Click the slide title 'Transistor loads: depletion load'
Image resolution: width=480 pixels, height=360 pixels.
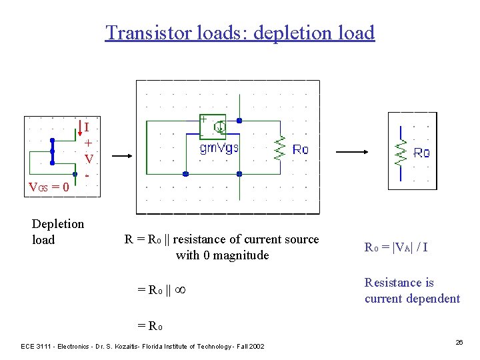pyautogui.click(x=240, y=33)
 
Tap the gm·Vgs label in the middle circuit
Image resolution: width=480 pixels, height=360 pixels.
pyautogui.click(x=219, y=149)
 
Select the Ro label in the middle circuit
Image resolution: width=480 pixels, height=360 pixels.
pyautogui.click(x=301, y=149)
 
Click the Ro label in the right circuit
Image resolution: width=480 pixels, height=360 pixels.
pyautogui.click(x=421, y=153)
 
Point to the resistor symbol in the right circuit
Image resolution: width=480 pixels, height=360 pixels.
pyautogui.click(x=401, y=153)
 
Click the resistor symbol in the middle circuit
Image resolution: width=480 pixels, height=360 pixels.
pyautogui.click(x=281, y=149)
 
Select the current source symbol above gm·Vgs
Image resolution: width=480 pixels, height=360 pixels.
pyautogui.click(x=219, y=127)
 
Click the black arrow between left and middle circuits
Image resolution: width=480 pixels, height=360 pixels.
pyautogui.click(x=123, y=157)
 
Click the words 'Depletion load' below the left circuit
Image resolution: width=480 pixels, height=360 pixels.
pyautogui.click(x=57, y=231)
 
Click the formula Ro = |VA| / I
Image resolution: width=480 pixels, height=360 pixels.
pyautogui.click(x=396, y=247)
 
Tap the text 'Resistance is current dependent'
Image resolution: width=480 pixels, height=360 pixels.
pyautogui.click(x=412, y=291)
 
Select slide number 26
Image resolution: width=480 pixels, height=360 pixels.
pyautogui.click(x=459, y=342)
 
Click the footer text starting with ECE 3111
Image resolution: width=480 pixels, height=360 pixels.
pyautogui.click(x=143, y=347)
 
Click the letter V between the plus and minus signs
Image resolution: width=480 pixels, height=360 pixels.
pyautogui.click(x=88, y=159)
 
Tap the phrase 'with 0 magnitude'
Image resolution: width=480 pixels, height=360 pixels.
pyautogui.click(x=222, y=255)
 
